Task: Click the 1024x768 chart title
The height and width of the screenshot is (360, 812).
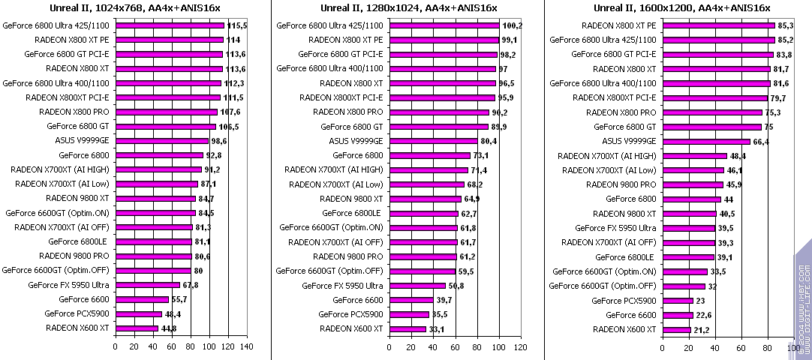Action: click(x=135, y=8)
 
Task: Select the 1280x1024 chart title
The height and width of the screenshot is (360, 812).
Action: click(x=408, y=8)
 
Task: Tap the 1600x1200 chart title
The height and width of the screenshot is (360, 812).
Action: click(x=681, y=8)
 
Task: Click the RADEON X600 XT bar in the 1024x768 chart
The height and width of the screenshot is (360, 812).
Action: click(x=137, y=328)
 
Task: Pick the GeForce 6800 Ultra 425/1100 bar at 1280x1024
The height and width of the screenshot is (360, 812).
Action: click(x=444, y=25)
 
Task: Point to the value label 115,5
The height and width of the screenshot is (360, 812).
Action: click(x=237, y=25)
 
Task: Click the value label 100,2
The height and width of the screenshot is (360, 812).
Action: click(x=512, y=25)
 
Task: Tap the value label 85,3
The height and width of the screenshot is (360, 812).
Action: click(x=786, y=25)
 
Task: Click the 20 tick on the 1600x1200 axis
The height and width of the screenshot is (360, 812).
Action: click(x=688, y=347)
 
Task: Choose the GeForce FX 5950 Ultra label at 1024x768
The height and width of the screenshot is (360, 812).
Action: click(x=68, y=285)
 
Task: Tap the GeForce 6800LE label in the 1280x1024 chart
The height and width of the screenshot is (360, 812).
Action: click(x=352, y=213)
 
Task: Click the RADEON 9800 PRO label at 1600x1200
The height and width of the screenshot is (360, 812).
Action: click(x=621, y=184)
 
